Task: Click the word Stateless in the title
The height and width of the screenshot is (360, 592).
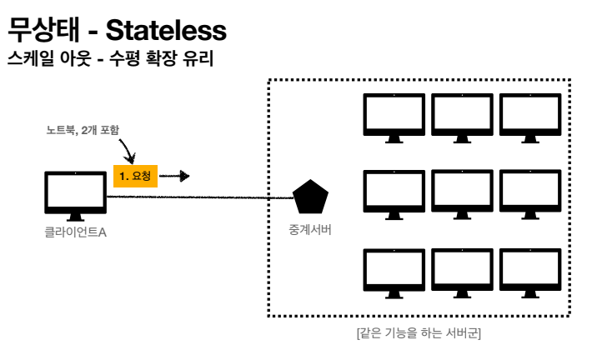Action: coord(166,32)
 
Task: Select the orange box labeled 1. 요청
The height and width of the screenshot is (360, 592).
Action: coord(135,176)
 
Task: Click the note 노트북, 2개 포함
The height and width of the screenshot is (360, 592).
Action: coord(84,131)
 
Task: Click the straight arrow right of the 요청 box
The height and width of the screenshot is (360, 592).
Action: coord(174,176)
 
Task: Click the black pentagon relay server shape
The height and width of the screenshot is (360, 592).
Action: coord(310,197)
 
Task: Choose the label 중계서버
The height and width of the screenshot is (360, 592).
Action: coord(310,230)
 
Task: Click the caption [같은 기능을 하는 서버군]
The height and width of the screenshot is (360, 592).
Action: coord(419,332)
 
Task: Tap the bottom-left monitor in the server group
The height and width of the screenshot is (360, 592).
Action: coord(395,272)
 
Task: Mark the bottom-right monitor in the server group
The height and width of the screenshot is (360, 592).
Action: coord(529,272)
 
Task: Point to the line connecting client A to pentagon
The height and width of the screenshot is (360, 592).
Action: coord(200,197)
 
